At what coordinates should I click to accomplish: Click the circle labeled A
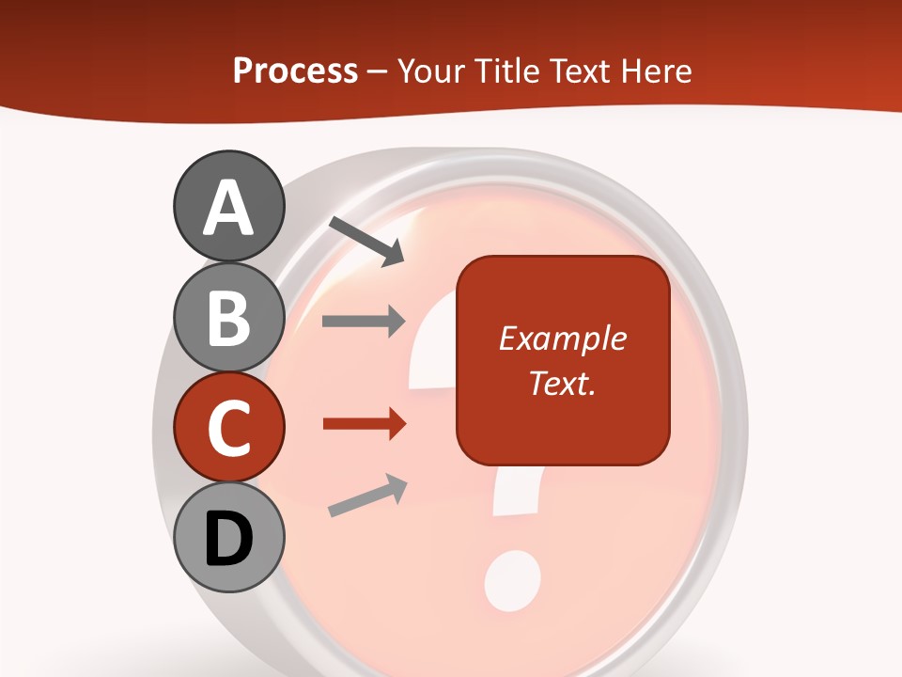coord(228,208)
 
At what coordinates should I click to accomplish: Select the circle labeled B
coord(228,317)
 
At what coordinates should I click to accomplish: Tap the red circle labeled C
coord(228,427)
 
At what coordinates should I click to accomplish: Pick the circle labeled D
coord(228,537)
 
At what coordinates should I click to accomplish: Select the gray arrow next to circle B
coord(365,322)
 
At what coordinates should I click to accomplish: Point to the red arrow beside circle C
coord(365,423)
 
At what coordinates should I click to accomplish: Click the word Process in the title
coord(295,71)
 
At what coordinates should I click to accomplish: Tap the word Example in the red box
coord(562,338)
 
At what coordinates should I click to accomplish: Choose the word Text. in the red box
coord(562,383)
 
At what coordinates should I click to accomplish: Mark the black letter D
coord(228,539)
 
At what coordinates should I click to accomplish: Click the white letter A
coord(228,208)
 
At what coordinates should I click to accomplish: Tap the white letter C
coord(228,429)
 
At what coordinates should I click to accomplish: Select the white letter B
coord(228,318)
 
